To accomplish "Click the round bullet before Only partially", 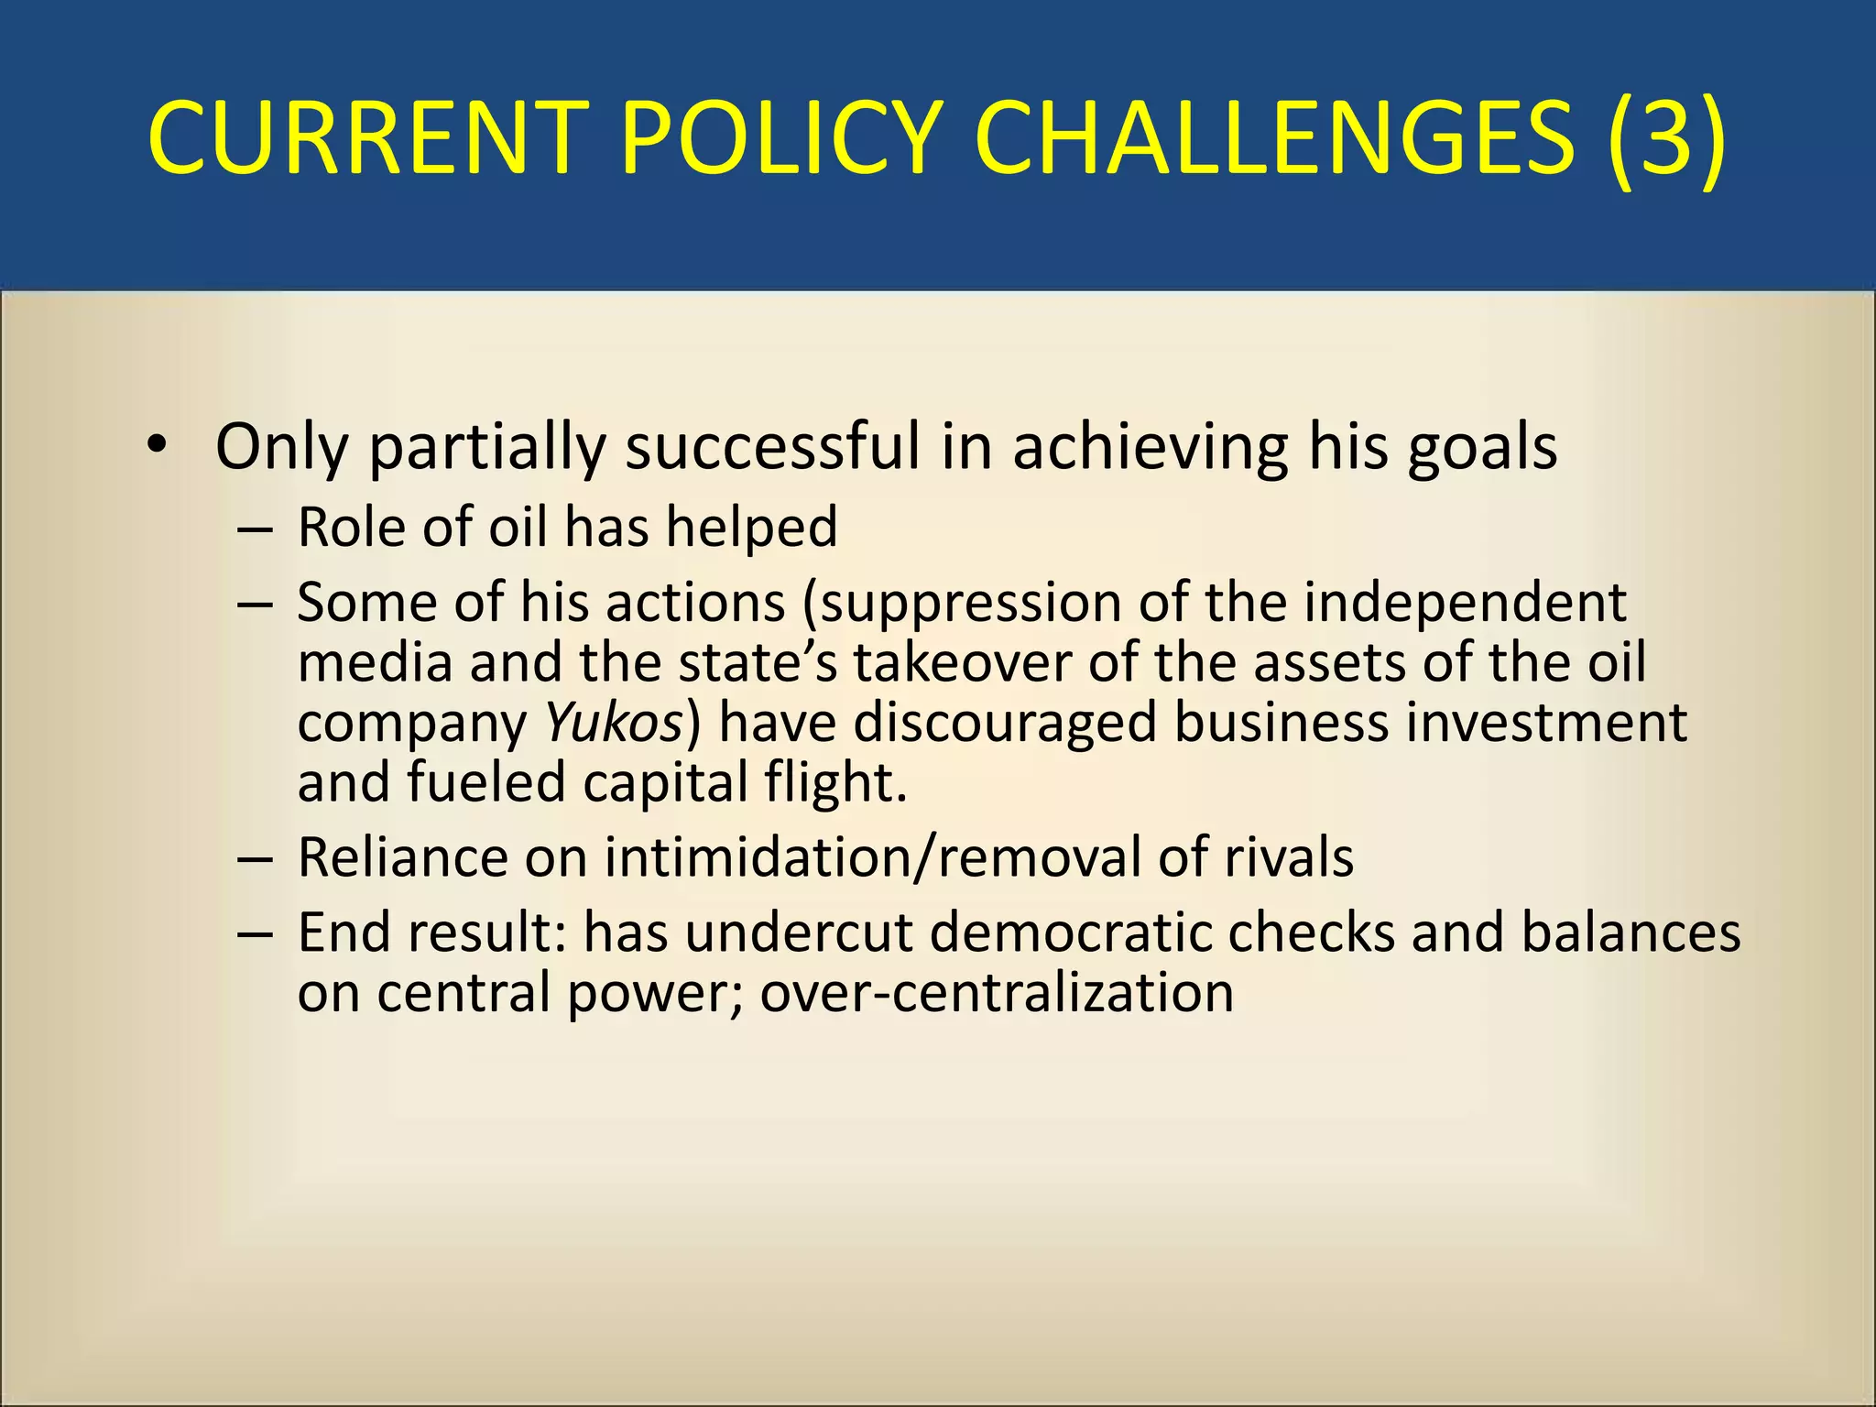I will tap(158, 445).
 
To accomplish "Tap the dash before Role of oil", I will tap(254, 530).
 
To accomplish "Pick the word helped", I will tap(751, 529).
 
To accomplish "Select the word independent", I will tap(1465, 605).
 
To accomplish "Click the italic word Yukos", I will tap(614, 724).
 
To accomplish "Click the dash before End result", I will tap(254, 934).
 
